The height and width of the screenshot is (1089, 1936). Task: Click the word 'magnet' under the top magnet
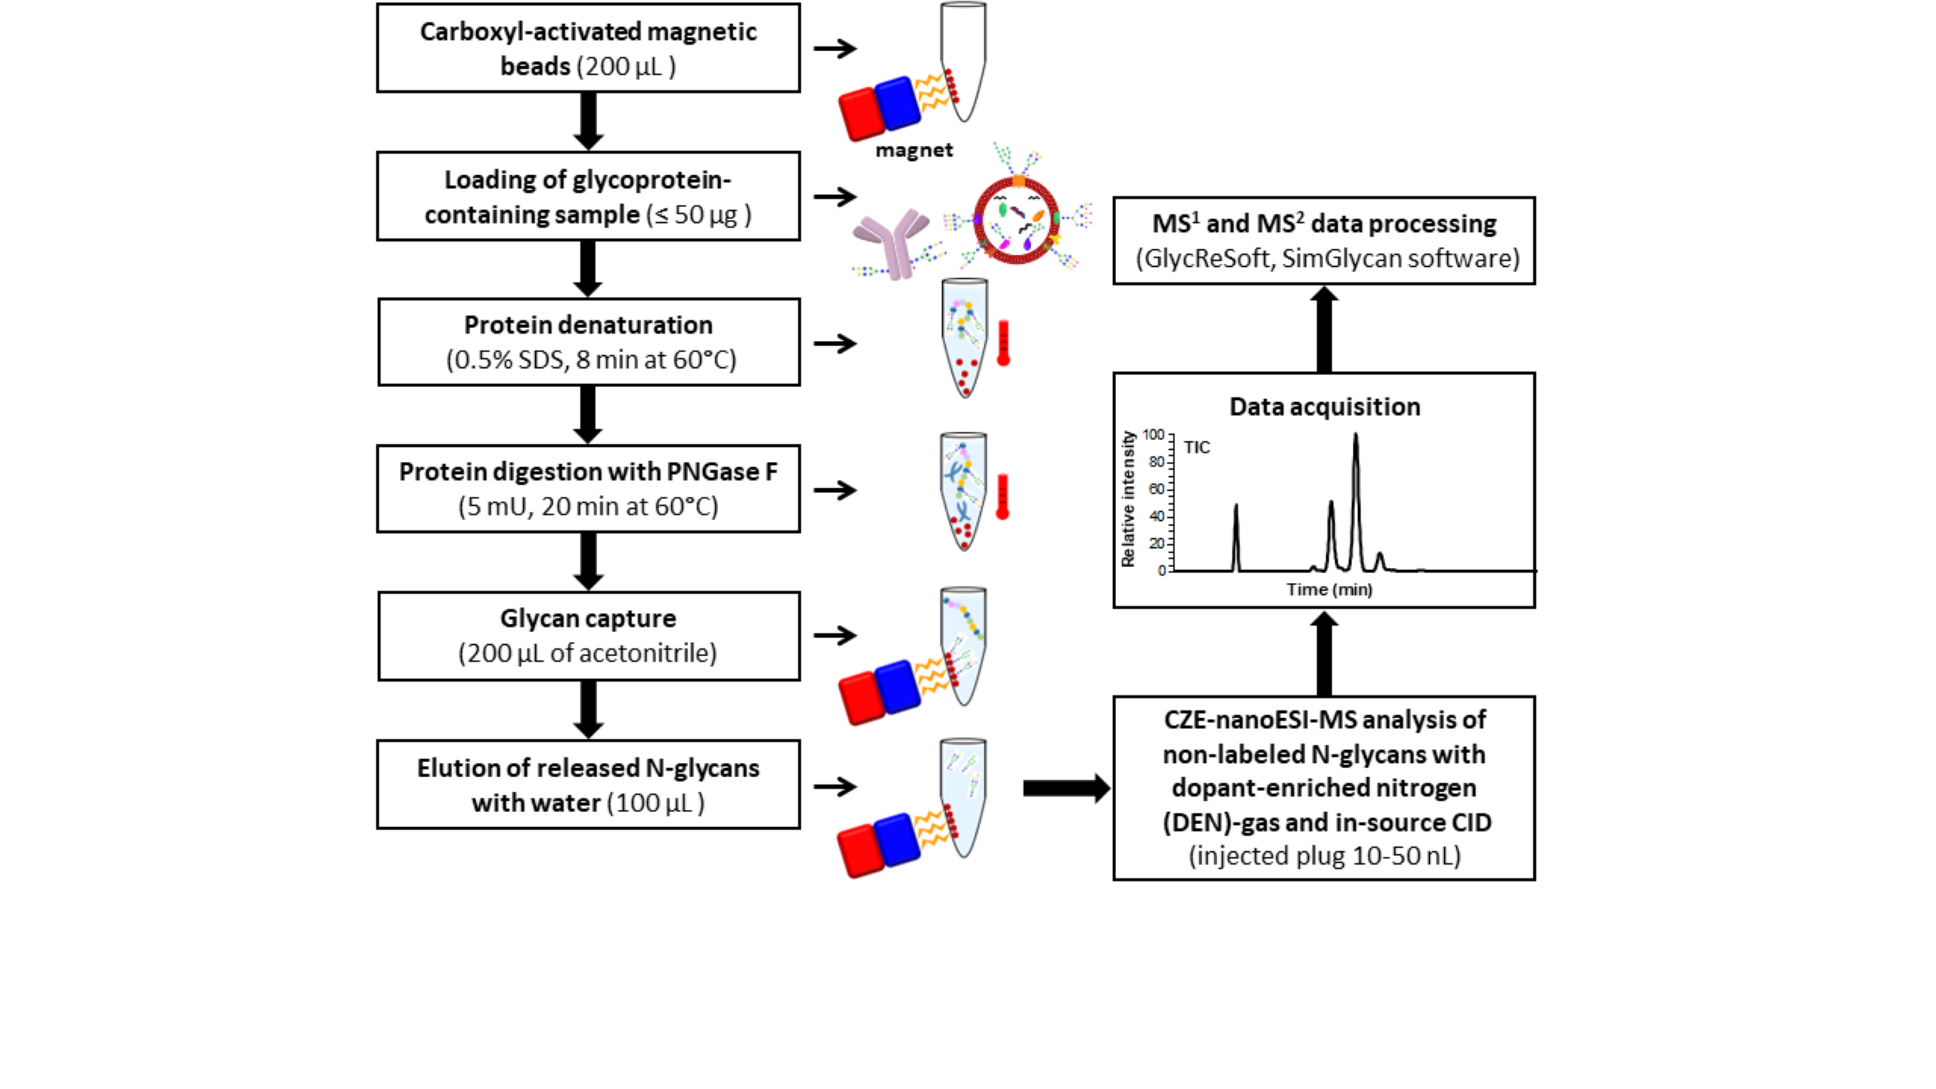point(914,151)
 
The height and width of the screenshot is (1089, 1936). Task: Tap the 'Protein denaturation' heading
point(588,325)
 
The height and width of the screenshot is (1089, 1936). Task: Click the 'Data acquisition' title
point(1324,407)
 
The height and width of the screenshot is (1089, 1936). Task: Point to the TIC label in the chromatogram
point(1196,447)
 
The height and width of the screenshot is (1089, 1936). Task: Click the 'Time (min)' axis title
point(1329,589)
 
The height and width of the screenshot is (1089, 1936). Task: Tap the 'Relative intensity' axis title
point(1127,499)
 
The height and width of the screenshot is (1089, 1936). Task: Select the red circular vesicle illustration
point(1016,219)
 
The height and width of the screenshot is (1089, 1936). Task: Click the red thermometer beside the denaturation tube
point(1003,344)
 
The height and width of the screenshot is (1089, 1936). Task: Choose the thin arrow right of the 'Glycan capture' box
point(835,635)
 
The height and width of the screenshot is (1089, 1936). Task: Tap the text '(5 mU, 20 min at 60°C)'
point(588,507)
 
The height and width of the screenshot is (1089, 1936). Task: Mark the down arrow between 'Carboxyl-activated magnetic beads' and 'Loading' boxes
point(589,120)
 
